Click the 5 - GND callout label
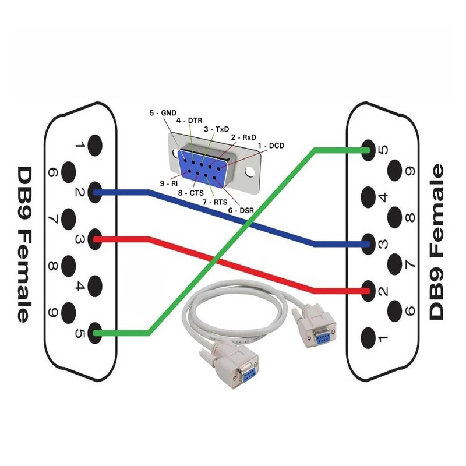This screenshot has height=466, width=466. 163,113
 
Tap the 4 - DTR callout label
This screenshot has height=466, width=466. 189,121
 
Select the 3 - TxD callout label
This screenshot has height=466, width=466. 217,129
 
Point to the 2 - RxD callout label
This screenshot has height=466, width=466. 243,137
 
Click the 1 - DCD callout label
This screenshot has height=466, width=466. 271,146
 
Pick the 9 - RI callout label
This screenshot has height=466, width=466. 169,183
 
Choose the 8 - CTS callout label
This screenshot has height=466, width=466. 191,193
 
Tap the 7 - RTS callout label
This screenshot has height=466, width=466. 215,202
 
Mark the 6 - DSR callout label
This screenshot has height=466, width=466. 241,210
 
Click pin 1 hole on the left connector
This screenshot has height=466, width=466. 95,145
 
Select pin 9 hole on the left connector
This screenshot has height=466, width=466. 69,313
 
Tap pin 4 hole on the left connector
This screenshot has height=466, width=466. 95,286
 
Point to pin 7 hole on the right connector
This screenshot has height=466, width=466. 395,264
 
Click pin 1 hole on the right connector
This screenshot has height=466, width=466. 369,338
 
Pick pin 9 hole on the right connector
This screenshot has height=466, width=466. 395,171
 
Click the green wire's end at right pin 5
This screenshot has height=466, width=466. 369,150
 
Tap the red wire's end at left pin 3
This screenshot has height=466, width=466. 95,239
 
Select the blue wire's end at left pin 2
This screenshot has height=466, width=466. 95,192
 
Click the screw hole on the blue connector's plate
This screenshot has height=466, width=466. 250,171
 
